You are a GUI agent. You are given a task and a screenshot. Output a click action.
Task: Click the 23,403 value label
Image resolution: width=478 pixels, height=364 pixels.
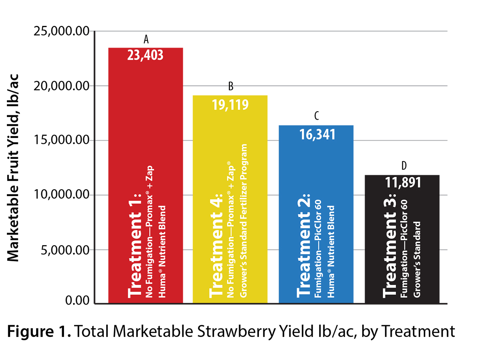coord(145,55)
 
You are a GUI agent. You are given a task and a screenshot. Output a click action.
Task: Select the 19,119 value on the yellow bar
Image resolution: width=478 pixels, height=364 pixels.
coord(230,104)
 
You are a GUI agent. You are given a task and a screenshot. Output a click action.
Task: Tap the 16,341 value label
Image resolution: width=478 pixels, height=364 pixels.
coord(316,134)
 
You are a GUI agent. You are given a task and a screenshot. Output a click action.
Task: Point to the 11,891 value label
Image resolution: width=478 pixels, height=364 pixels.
coord(403,183)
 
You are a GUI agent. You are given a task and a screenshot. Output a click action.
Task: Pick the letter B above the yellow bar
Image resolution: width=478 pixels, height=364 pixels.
coord(230,86)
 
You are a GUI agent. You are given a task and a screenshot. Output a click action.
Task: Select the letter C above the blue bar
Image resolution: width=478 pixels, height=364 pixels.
coord(316,116)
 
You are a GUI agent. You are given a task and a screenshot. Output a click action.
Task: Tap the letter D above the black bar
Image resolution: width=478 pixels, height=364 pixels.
coord(403,166)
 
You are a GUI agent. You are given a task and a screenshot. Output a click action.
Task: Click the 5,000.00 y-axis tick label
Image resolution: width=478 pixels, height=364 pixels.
coord(65,250)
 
